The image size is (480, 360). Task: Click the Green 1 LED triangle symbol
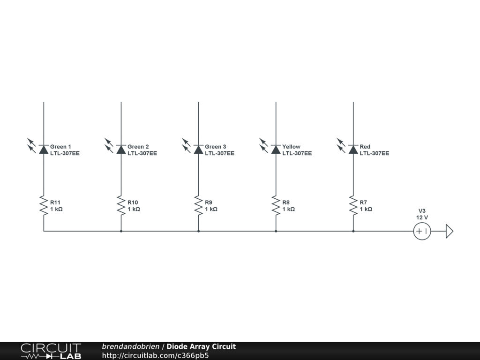pos(44,150)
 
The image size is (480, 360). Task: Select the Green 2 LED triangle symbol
pos(121,150)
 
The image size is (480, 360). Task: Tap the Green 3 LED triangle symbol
pos(198,150)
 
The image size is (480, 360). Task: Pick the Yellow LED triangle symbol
pos(276,150)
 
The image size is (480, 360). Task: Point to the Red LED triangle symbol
pos(353,150)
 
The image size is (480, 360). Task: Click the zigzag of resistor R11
pos(44,205)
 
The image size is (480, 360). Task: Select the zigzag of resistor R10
pos(121,205)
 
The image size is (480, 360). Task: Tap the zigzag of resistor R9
pos(198,205)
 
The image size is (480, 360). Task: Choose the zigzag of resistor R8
pos(276,205)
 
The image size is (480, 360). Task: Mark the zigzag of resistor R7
pos(353,205)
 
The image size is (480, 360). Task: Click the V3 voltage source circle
pos(422,231)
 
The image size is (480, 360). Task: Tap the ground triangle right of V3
pos(449,231)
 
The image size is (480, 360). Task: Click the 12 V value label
pos(422,217)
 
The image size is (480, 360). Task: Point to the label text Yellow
pos(291,147)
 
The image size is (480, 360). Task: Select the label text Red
pos(365,147)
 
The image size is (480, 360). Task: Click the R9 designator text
pos(209,202)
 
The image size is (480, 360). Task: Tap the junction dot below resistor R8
pos(276,231)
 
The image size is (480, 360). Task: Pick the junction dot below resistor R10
pos(121,231)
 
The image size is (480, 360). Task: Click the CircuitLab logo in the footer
pos(51,351)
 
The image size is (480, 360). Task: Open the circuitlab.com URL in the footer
pos(155,355)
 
